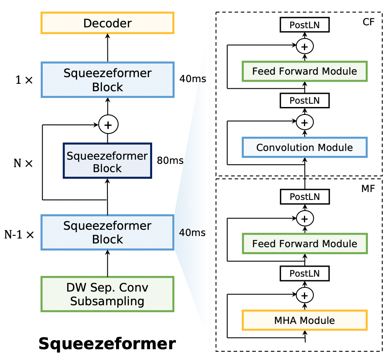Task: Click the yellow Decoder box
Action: click(x=107, y=23)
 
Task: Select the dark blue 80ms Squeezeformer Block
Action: click(x=107, y=161)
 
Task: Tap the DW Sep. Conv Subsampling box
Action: click(x=107, y=294)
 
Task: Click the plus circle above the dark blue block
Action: click(x=108, y=124)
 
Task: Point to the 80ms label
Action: click(x=170, y=161)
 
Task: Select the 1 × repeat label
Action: click(x=24, y=80)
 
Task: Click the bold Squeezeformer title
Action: click(x=107, y=344)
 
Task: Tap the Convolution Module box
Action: click(x=304, y=147)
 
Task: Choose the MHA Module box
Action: click(x=304, y=320)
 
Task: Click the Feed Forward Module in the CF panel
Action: click(x=304, y=71)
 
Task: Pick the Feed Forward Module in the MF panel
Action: click(x=304, y=243)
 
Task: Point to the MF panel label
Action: click(x=368, y=189)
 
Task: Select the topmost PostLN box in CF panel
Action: click(x=305, y=25)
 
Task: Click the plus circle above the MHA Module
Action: click(x=305, y=295)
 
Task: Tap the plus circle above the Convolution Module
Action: click(x=305, y=122)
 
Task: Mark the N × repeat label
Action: click(x=23, y=163)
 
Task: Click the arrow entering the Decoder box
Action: click(x=107, y=48)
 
